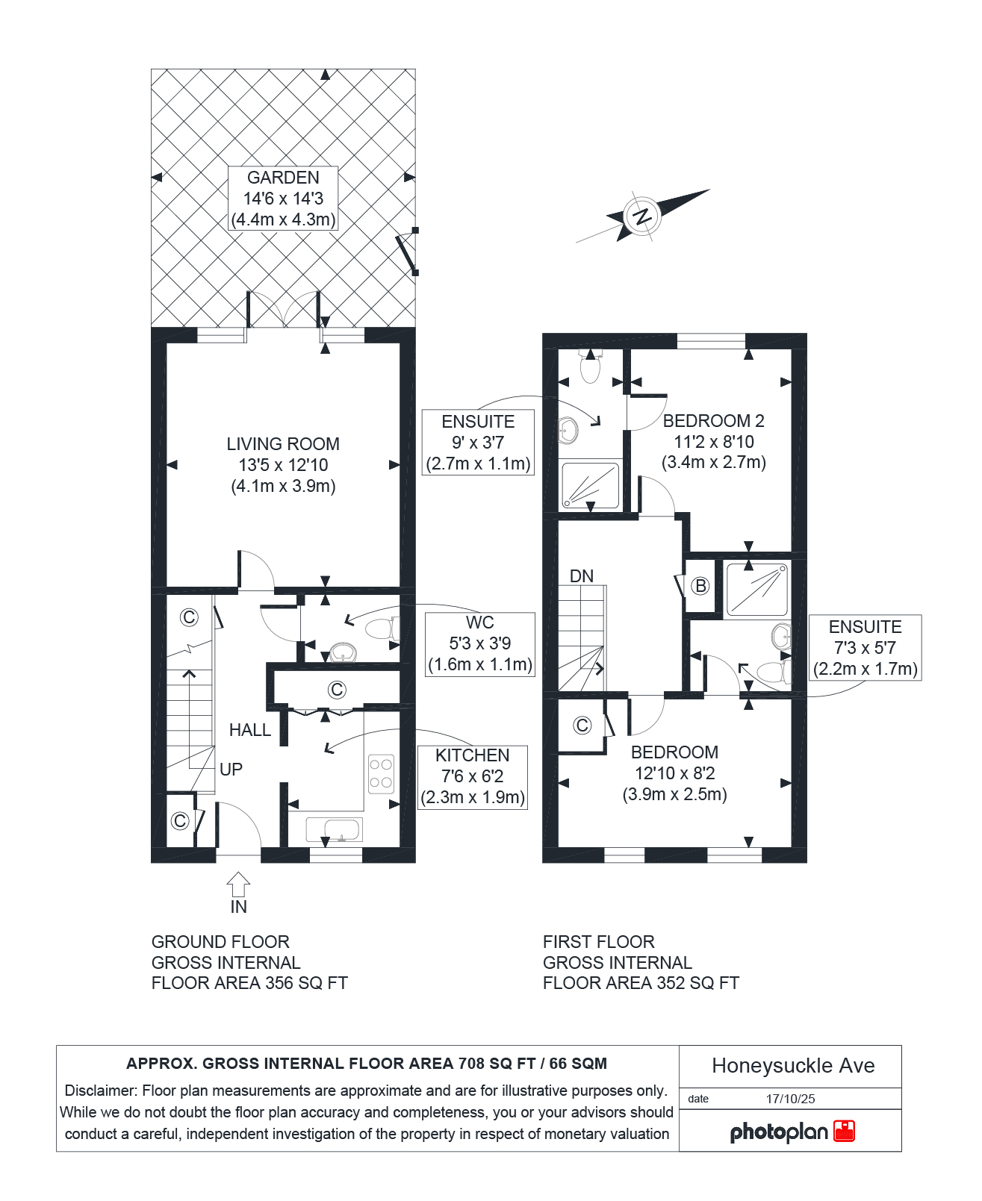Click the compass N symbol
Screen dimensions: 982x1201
[642, 216]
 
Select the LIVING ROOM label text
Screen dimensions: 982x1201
[283, 443]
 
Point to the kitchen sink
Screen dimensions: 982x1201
[334, 830]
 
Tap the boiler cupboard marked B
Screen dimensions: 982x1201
[700, 585]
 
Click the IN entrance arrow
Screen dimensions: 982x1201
[238, 885]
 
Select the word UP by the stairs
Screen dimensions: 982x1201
[231, 770]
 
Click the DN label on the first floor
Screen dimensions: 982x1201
[582, 575]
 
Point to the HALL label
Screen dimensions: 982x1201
[249, 729]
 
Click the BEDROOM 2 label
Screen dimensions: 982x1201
[714, 421]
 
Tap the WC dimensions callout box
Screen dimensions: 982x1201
[480, 644]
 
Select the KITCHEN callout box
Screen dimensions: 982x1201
[473, 777]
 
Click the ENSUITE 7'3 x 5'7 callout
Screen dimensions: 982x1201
[866, 647]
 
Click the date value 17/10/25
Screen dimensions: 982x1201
[790, 1099]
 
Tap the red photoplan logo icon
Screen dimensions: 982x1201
[844, 1131]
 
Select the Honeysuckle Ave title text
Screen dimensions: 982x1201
[793, 1065]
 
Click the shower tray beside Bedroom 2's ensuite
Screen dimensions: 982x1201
[590, 485]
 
